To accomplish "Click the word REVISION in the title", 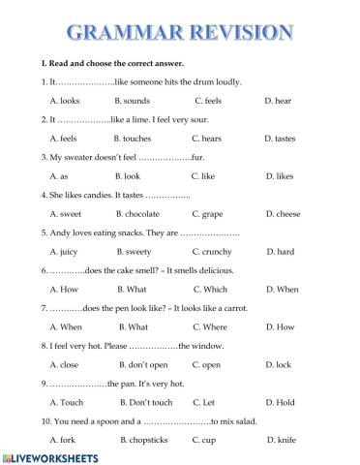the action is tap(236, 31).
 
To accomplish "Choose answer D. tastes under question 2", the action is tap(280, 138).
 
